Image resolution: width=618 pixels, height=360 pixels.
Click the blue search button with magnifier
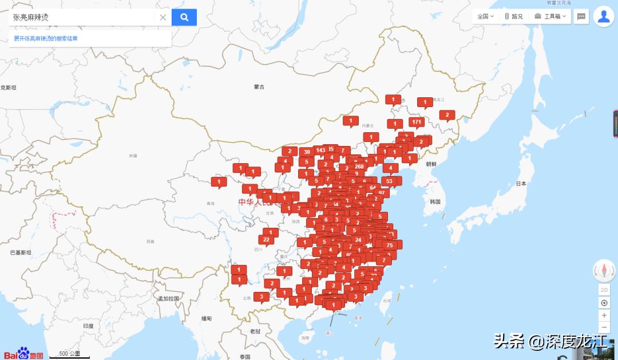click(x=184, y=17)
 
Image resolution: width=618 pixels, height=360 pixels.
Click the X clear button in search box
click(x=163, y=17)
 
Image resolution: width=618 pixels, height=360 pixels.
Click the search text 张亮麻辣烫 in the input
click(x=31, y=17)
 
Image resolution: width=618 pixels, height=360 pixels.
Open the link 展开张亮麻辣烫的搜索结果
click(x=54, y=38)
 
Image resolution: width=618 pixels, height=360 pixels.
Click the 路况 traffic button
click(x=513, y=17)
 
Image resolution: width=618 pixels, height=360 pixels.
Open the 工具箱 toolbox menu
click(x=550, y=17)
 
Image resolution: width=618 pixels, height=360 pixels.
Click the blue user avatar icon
click(x=604, y=17)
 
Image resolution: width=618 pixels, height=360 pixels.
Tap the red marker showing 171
click(x=417, y=122)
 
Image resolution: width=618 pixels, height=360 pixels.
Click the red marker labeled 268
click(x=359, y=167)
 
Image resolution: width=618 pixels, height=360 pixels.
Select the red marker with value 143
click(x=320, y=151)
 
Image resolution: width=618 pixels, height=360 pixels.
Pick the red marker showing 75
click(x=390, y=245)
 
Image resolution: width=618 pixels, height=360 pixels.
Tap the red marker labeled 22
click(x=266, y=239)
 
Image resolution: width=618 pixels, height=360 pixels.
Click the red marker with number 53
click(x=390, y=181)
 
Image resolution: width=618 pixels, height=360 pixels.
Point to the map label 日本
click(x=521, y=184)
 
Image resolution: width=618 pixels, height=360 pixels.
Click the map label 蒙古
click(x=259, y=87)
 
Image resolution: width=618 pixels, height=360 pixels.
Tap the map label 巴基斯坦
click(x=21, y=252)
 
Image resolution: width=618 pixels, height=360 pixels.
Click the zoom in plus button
click(x=604, y=315)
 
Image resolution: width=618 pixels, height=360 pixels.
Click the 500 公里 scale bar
click(x=70, y=354)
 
